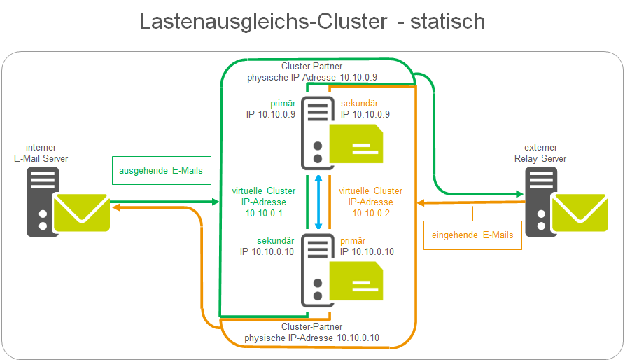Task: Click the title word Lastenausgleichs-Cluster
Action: coord(262,21)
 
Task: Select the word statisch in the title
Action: coord(448,21)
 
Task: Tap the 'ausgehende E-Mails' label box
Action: coord(161,170)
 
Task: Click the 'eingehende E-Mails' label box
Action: coord(473,235)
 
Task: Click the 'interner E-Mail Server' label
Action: coord(41,153)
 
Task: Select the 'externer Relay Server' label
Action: coord(545,153)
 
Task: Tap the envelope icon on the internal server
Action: coord(82,213)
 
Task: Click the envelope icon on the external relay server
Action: coord(579,213)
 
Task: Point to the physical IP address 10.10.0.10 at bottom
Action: coord(359,338)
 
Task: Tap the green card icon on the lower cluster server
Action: coord(356,281)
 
